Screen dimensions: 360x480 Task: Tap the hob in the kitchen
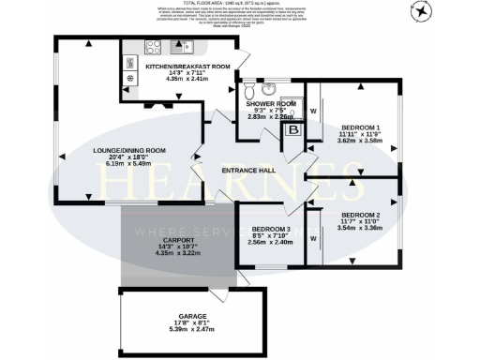tap(151, 47)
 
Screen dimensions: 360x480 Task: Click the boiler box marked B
tap(292, 131)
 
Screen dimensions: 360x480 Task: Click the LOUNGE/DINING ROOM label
tap(128, 150)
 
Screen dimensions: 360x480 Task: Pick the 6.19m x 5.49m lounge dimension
tap(128, 164)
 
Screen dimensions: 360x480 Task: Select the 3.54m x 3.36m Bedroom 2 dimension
tap(360, 227)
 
